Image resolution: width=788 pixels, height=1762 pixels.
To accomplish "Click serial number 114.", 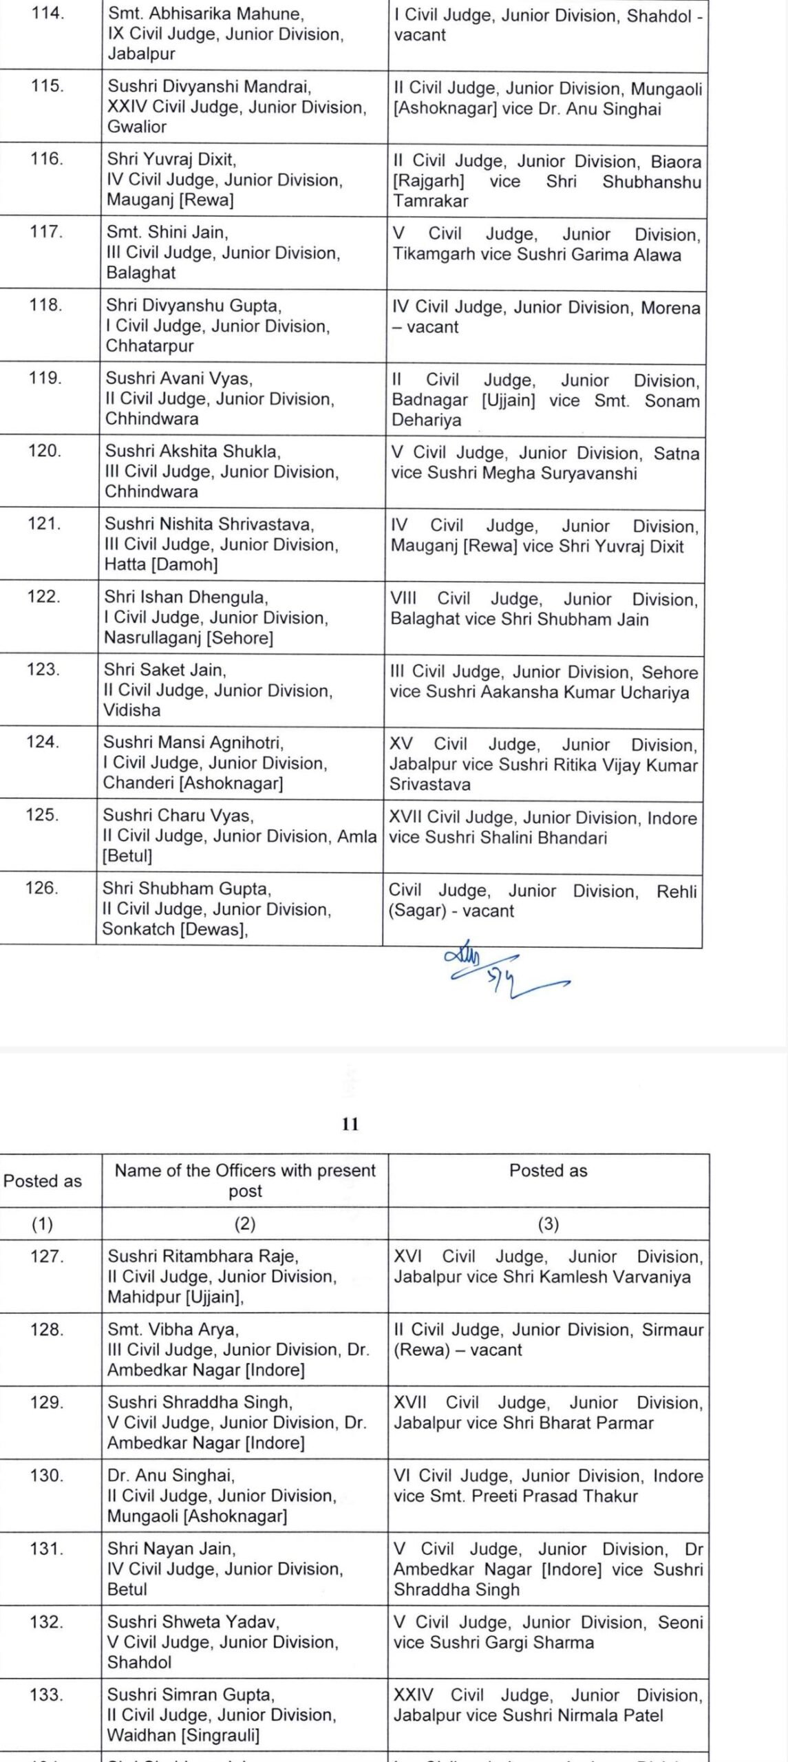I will pyautogui.click(x=48, y=13).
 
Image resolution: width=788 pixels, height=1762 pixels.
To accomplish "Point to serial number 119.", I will pyautogui.click(x=45, y=379).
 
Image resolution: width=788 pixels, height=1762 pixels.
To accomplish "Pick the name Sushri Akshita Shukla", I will pyautogui.click(x=192, y=452).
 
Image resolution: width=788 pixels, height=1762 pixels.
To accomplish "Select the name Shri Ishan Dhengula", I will pyautogui.click(x=186, y=597).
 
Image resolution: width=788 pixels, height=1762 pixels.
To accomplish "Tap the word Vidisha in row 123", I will pyautogui.click(x=131, y=710).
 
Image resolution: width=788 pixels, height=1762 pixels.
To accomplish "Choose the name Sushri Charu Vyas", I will pyautogui.click(x=178, y=816).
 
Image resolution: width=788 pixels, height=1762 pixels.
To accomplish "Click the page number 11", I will pyautogui.click(x=350, y=1124).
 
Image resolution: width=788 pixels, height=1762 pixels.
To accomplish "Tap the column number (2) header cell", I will pyautogui.click(x=245, y=1223).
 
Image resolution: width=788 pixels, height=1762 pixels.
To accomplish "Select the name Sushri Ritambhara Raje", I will pyautogui.click(x=203, y=1256).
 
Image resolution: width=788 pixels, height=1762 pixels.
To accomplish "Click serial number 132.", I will pyautogui.click(x=47, y=1622).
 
